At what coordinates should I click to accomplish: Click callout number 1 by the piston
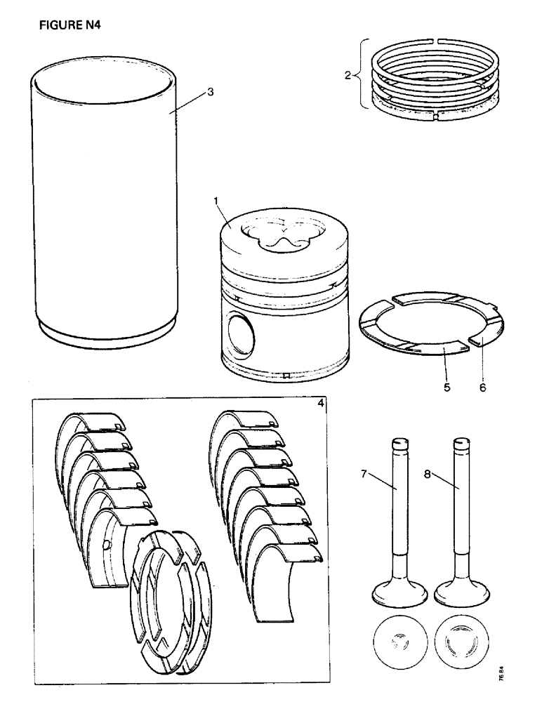[218, 201]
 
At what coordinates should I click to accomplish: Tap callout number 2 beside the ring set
[348, 75]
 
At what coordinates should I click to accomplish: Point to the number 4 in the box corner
[320, 405]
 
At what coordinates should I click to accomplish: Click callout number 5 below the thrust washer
[446, 385]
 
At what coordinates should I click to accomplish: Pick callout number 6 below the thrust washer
[481, 385]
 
